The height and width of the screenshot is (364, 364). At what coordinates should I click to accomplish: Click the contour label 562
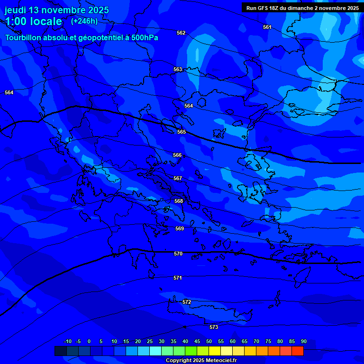point(181,33)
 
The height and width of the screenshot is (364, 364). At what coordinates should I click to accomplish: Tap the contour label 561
point(267,27)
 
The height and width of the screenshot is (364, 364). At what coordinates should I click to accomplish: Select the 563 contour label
point(178,69)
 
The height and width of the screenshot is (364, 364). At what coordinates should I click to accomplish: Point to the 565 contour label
point(182,132)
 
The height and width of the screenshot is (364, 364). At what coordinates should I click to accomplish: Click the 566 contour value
point(177,155)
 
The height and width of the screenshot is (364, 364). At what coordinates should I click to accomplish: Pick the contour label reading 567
point(178,178)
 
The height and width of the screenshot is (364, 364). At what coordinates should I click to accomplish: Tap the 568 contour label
point(179,201)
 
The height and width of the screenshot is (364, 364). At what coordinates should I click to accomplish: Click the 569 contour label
point(180,228)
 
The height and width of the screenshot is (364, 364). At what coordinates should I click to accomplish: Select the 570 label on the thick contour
point(178,254)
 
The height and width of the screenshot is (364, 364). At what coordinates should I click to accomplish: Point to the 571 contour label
point(178,278)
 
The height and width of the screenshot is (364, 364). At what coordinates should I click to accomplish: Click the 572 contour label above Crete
point(187,302)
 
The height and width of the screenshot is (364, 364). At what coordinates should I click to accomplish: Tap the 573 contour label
point(214,327)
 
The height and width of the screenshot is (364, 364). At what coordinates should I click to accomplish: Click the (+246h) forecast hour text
point(84,21)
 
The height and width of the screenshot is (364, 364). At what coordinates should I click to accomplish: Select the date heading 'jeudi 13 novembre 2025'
point(57,10)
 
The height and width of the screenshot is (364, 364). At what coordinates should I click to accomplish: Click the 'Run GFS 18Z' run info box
point(302,8)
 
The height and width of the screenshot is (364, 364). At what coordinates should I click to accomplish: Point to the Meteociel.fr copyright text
point(201,360)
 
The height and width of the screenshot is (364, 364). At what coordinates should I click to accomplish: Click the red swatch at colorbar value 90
point(298,351)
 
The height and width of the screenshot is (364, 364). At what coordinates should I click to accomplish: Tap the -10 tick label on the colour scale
point(67,341)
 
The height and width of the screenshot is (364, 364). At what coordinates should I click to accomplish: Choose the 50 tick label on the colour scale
point(209,341)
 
